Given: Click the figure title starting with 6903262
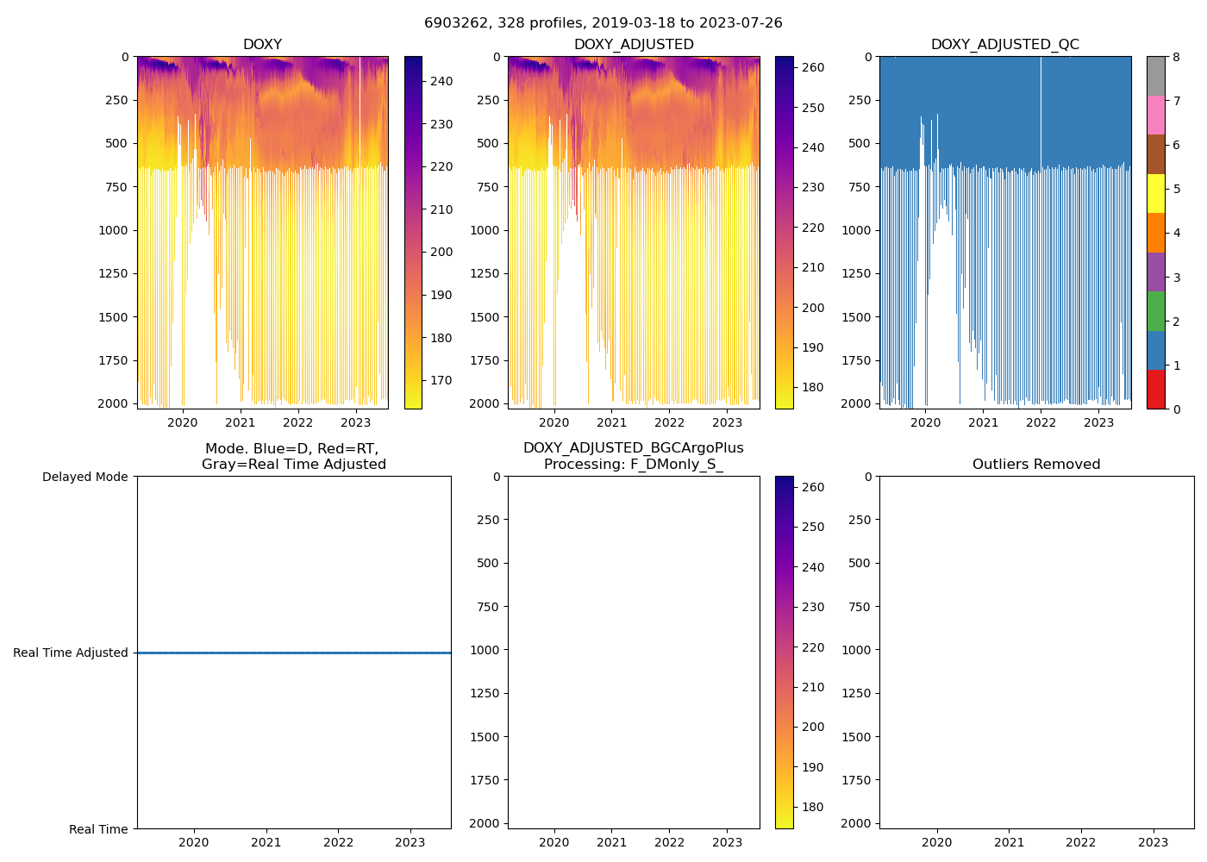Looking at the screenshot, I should point(603,23).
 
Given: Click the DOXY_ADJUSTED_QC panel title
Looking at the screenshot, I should point(1004,45).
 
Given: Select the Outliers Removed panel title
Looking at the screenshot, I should point(1036,465).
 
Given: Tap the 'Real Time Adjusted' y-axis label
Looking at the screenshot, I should point(71,653).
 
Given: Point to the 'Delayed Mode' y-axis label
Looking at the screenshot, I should point(84,477).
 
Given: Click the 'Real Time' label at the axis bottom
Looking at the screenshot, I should point(98,829).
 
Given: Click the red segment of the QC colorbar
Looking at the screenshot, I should point(1155,390).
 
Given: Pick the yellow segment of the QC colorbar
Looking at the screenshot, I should point(1155,194).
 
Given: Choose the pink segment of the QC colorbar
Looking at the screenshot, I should point(1155,116).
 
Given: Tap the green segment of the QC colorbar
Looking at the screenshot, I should point(1155,311).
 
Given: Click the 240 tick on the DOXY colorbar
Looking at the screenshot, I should point(441,81).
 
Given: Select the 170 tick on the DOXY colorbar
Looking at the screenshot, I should point(441,380).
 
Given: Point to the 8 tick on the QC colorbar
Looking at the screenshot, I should point(1176,58).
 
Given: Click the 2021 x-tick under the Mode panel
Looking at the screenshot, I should point(266,842).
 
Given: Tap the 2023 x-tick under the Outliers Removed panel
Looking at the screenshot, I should point(1154,842).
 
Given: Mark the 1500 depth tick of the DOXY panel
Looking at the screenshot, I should point(114,317).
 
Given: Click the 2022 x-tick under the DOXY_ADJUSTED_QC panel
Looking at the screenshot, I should point(1041,422).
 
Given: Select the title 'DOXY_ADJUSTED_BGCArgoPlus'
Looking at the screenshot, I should point(633,448).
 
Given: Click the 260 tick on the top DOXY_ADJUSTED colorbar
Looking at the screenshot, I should point(813,67).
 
